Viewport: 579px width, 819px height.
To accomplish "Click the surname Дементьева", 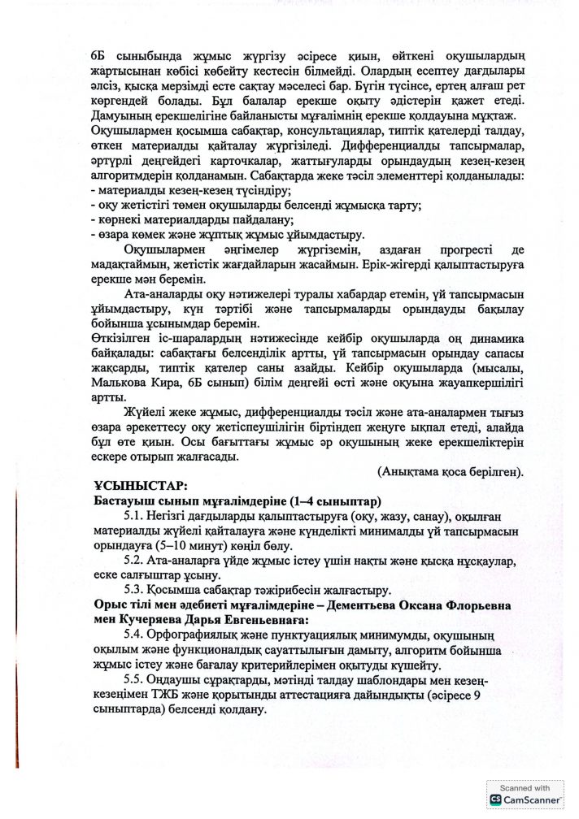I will pos(366,605).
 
